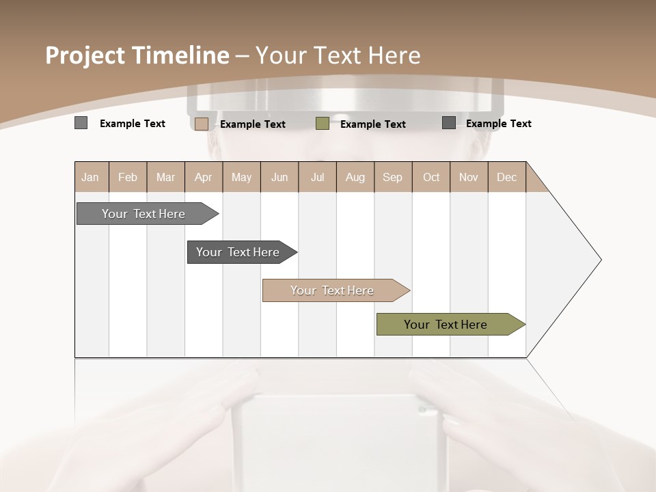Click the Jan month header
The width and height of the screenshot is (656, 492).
[90, 177]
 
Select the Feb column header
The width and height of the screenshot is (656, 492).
[128, 177]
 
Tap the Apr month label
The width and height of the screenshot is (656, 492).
[203, 177]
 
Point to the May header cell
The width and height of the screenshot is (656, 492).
[241, 177]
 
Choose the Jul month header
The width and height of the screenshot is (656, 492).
[317, 177]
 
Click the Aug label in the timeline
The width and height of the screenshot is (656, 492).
[355, 177]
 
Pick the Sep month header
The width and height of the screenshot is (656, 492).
[392, 177]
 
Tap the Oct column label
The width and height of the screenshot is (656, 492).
[431, 177]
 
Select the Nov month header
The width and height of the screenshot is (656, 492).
[468, 177]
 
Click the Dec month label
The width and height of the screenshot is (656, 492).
[506, 177]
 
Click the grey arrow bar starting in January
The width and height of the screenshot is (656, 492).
[144, 214]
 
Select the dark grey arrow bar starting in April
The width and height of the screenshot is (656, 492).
[238, 252]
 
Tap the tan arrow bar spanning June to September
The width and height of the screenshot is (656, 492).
[333, 290]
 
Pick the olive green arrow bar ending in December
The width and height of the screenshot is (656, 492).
[446, 325]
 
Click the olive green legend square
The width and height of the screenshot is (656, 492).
[323, 124]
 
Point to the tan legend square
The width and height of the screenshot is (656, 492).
[202, 124]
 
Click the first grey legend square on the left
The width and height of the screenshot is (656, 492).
[81, 123]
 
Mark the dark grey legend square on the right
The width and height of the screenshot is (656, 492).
[449, 123]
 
